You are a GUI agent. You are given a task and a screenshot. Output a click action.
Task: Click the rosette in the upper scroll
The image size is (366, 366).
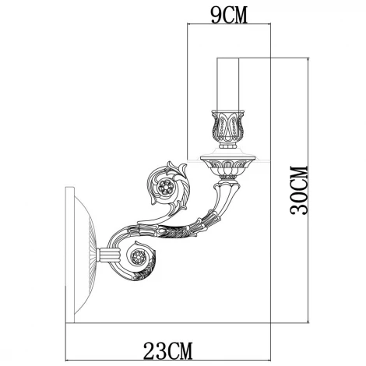point(165,187)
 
